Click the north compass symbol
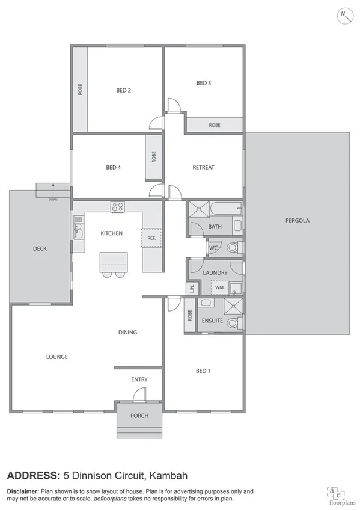pyautogui.click(x=344, y=15)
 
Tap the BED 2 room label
pyautogui.click(x=123, y=90)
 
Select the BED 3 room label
pyautogui.click(x=204, y=82)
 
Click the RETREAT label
pyautogui.click(x=203, y=167)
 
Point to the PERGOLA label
pyautogui.click(x=297, y=220)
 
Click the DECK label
pyautogui.click(x=40, y=248)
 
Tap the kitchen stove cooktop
pyautogui.click(x=118, y=207)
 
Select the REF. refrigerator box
pyautogui.click(x=151, y=238)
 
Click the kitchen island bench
pyautogui.click(x=114, y=260)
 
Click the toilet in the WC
pyautogui.click(x=233, y=247)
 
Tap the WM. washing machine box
pyautogui.click(x=219, y=287)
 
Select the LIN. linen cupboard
pyautogui.click(x=192, y=289)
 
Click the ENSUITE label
pyautogui.click(x=212, y=321)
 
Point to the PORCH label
pyautogui.click(x=139, y=416)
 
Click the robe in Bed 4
pyautogui.click(x=154, y=158)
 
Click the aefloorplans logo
pyautogui.click(x=335, y=493)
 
